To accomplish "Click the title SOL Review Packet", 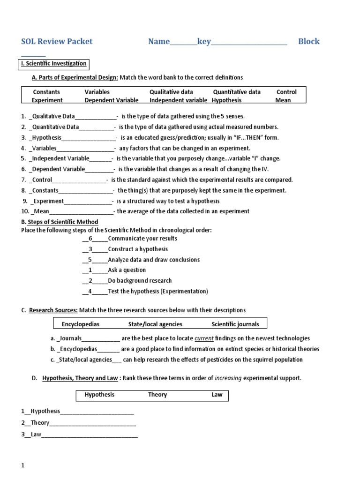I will pos(57,41).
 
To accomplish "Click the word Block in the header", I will pos(309,41).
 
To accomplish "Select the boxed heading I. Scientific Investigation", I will pos(53,63).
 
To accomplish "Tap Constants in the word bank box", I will pos(46,92).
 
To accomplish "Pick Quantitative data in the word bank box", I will pos(237,92).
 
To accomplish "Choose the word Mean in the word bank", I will pos(283,100).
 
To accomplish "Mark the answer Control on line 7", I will pos(42,180).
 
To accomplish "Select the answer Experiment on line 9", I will pos(48,201).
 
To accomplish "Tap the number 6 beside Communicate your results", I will pos(90,239).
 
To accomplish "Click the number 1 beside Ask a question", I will pos(90,270).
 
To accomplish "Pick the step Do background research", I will pos(140,280).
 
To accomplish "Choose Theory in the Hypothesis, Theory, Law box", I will pos(157,395).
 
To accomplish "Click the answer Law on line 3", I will pos(36,434).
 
